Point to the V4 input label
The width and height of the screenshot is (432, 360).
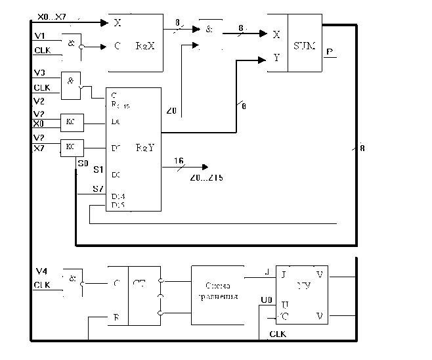(x=41, y=271)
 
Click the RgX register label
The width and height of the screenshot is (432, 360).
(x=144, y=47)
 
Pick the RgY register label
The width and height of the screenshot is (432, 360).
(x=145, y=148)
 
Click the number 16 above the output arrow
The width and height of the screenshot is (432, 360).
(x=179, y=161)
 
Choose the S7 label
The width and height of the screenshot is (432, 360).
(x=97, y=190)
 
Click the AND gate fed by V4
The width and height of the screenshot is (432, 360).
(x=70, y=279)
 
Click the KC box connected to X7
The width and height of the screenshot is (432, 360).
(x=70, y=146)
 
